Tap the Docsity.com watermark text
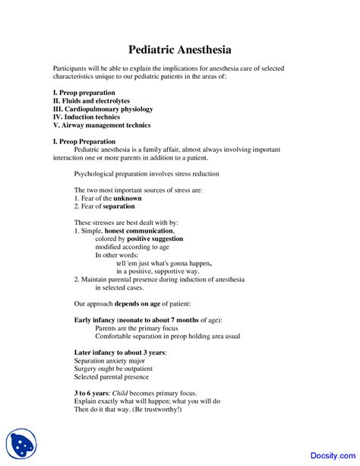pos(328,449)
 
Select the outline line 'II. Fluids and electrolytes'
pos(91,100)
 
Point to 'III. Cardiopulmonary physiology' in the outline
pos(103,109)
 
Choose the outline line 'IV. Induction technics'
pos(86,117)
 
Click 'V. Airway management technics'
pos(102,125)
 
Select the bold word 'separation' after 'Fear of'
pos(119,207)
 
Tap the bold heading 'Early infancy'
pos(94,320)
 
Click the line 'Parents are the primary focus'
pos(137,328)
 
